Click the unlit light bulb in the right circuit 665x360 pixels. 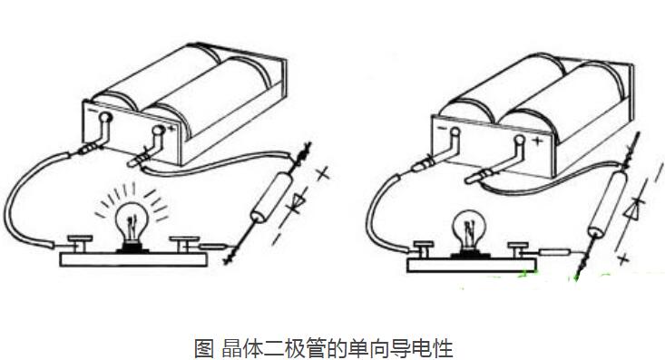click(468, 228)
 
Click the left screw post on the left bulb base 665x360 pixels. click(80, 242)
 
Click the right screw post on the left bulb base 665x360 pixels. click(188, 242)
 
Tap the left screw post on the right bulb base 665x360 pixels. click(423, 247)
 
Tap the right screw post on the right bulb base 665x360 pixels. click(520, 247)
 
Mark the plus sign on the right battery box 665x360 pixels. click(536, 141)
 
